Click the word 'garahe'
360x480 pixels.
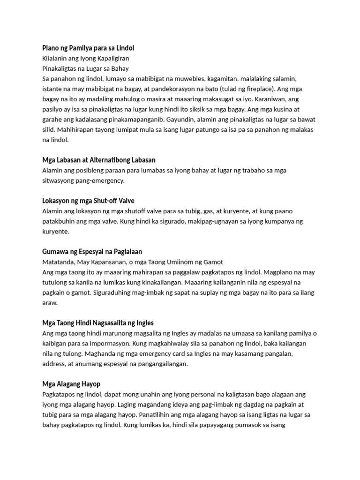(x=53, y=119)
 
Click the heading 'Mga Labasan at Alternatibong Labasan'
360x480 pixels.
(x=99, y=160)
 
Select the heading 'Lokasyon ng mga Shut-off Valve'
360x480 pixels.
(x=88, y=201)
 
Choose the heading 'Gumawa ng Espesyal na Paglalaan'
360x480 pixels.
(x=92, y=252)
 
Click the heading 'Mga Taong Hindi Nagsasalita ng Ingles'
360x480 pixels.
(x=98, y=323)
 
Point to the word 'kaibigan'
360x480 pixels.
(x=55, y=344)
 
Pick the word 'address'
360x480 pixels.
(x=55, y=364)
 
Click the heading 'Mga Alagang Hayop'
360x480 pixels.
(x=71, y=384)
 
